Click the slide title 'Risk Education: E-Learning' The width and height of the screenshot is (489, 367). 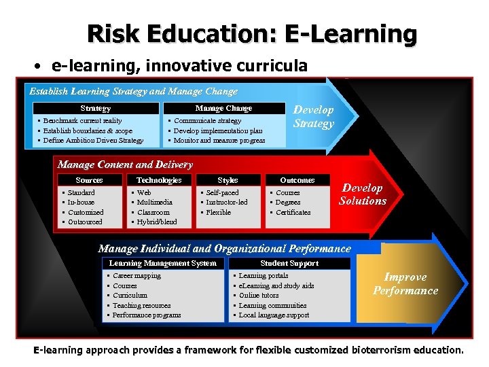pos(252,33)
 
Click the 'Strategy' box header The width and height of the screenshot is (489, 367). pos(96,109)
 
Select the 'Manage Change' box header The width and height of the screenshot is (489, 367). pos(223,109)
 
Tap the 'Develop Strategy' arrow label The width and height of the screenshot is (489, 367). pos(313,116)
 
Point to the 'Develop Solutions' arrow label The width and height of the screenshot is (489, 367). pos(362,194)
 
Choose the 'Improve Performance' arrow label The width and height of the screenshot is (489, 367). pos(405,284)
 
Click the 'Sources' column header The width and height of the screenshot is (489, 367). pos(89,180)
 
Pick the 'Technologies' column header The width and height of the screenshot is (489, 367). pos(159,180)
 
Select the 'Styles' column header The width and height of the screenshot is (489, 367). pos(228,180)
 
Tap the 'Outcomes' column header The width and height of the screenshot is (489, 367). pos(297,180)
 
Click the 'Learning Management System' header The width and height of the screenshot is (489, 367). pos(163,263)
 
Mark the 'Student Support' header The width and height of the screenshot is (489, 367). pos(289,263)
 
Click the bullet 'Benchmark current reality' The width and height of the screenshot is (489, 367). pos(83,121)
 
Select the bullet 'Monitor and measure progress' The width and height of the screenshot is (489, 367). pos(219,141)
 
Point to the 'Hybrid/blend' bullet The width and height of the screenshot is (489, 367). pos(157,222)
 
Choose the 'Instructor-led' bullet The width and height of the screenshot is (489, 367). pos(227,202)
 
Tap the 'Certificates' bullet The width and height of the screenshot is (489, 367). pos(293,212)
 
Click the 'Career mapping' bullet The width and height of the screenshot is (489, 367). pos(137,276)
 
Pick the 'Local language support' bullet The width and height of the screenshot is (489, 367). pos(274,315)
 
